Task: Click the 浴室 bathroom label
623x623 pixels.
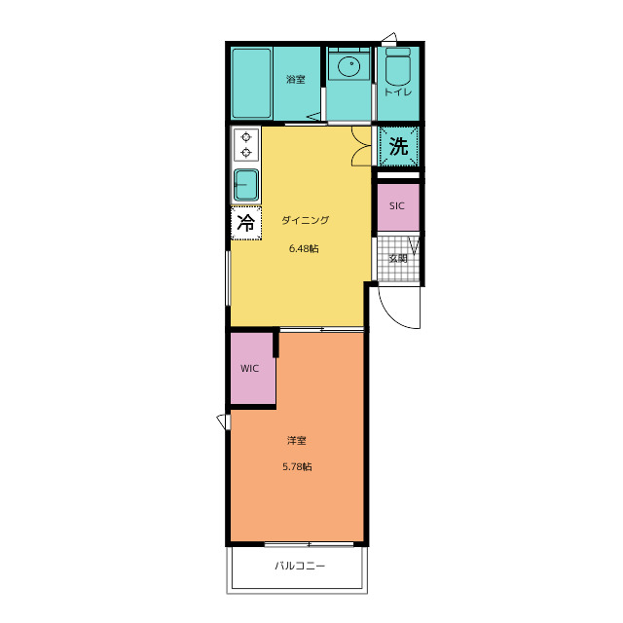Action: [x=296, y=80]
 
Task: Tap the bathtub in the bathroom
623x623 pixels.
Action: [x=251, y=83]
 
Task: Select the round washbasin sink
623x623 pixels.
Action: [x=349, y=65]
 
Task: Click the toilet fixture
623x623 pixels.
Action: [x=398, y=66]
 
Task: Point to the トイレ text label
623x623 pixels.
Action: [x=398, y=92]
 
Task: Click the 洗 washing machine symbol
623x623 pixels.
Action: [x=398, y=146]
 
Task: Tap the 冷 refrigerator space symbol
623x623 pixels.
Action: [x=246, y=223]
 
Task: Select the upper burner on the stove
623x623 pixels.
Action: [x=246, y=137]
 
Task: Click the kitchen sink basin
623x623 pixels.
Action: [x=246, y=185]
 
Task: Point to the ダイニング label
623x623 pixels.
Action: [x=305, y=220]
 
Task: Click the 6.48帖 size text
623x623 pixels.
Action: [x=304, y=249]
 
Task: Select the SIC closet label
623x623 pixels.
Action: [x=397, y=205]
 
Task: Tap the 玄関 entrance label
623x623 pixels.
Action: [x=398, y=259]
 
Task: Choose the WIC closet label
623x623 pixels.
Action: [x=249, y=368]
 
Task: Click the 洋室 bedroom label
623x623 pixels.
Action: [x=296, y=441]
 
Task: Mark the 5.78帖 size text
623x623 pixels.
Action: [x=297, y=467]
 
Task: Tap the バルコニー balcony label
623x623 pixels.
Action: [x=300, y=566]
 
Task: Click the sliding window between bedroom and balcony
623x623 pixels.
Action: [x=310, y=544]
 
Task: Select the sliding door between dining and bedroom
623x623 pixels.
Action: [x=322, y=329]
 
